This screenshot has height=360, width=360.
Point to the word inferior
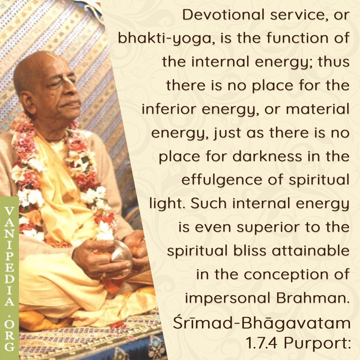coord(169,109)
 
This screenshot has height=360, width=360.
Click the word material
coord(318,109)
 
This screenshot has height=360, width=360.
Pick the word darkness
coord(267,156)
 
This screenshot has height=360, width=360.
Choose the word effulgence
coord(222,180)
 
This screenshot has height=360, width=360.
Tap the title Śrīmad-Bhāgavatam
coord(262,323)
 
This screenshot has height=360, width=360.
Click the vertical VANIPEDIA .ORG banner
coord(9,278)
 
